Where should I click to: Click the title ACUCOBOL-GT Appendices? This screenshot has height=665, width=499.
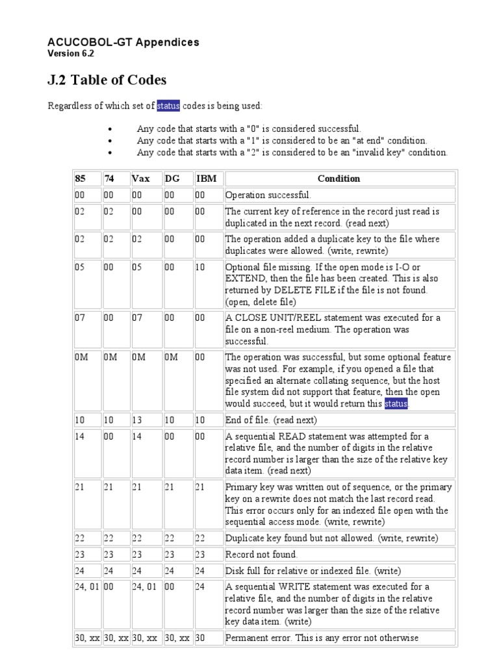(123, 42)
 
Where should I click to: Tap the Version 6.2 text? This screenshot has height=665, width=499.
(71, 53)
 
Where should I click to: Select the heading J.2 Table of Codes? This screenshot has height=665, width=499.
(107, 80)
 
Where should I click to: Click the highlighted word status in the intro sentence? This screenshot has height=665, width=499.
(168, 106)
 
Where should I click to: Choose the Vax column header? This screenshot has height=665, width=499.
(140, 179)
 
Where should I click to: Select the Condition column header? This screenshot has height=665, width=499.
(339, 179)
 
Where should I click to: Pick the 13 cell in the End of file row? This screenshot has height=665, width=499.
(137, 420)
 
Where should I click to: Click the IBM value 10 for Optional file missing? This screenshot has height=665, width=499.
(200, 267)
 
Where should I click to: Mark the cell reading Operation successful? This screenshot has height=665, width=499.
(268, 195)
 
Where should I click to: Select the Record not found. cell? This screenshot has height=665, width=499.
(261, 555)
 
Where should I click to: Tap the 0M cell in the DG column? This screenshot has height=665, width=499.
(170, 357)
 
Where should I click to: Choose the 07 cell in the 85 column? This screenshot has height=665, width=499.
(81, 318)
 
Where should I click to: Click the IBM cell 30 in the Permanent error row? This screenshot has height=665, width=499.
(200, 638)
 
